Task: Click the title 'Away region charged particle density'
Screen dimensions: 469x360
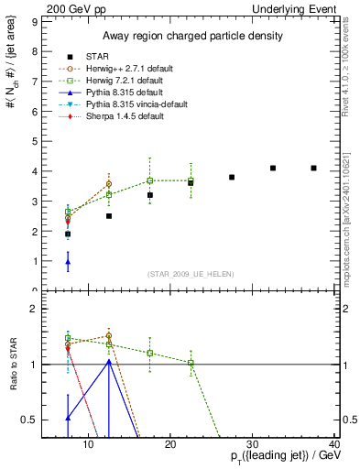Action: [x=189, y=36]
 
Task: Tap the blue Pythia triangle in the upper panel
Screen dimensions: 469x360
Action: [x=68, y=262]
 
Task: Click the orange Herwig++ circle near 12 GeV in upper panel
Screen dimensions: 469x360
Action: [x=109, y=184]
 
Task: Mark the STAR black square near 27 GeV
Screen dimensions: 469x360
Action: [x=232, y=177]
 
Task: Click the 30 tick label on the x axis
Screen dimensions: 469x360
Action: [x=254, y=445]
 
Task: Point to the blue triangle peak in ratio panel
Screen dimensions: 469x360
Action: [x=109, y=361]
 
